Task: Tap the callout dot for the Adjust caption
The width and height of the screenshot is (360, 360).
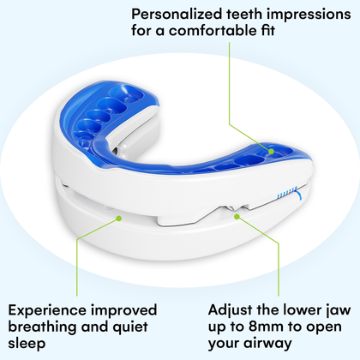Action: coord(237,217)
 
